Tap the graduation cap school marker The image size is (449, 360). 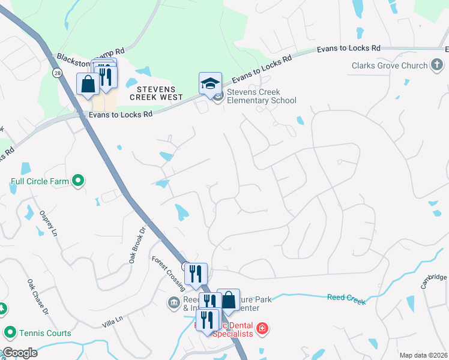pos(210,84)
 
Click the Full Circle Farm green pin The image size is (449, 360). pos(77,180)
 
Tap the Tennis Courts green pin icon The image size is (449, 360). pos(10,332)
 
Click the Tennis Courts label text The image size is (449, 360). pos(45,333)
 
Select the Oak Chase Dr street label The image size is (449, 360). pos(36,296)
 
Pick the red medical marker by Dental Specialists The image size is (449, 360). pos(262,328)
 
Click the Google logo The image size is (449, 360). pos(19,353)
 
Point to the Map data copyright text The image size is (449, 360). pos(423,355)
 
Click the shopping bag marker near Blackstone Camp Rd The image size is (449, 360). pos(88,84)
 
